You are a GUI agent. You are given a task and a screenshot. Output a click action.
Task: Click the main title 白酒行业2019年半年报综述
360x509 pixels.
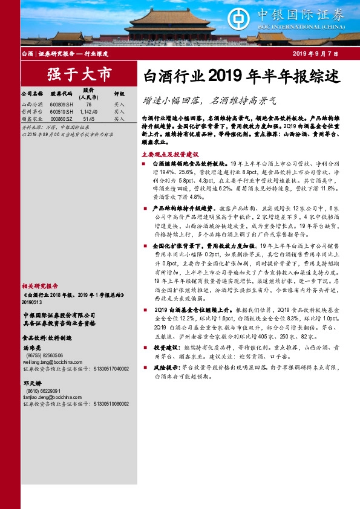237,76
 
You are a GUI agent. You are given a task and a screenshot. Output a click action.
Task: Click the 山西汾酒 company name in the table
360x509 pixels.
32,105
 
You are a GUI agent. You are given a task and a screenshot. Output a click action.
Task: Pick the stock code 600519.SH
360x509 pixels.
62,112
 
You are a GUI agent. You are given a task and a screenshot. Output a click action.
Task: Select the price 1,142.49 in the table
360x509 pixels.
89,112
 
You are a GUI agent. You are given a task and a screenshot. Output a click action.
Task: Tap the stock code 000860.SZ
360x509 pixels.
62,119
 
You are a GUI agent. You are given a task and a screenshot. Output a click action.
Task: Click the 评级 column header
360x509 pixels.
119,94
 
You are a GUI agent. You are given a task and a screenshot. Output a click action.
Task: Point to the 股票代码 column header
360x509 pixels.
61,94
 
